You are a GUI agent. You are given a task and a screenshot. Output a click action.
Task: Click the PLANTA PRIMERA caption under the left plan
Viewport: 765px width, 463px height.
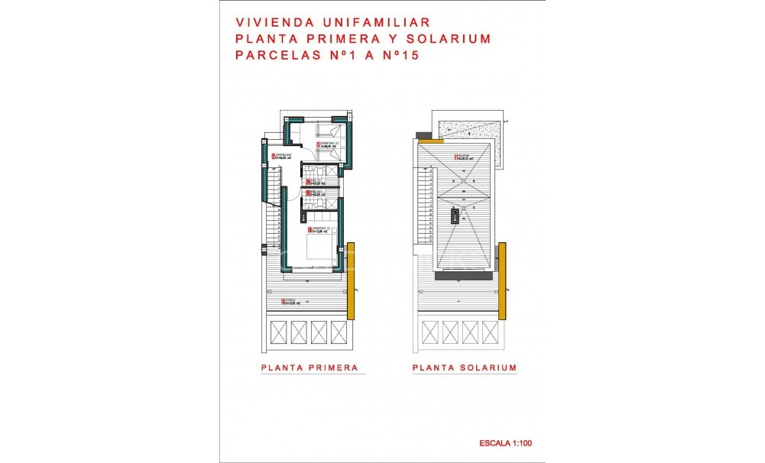click(310, 367)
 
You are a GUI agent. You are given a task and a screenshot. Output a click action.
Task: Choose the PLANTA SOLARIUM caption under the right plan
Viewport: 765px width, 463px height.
click(464, 367)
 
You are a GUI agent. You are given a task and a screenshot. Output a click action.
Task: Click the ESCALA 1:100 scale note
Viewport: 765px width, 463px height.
click(504, 442)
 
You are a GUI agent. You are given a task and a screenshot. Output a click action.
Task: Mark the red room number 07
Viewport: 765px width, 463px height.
click(318, 144)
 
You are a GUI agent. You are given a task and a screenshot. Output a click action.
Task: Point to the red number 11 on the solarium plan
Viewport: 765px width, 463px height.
click(456, 158)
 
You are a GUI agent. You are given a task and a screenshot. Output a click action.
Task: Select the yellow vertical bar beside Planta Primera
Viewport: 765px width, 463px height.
click(351, 280)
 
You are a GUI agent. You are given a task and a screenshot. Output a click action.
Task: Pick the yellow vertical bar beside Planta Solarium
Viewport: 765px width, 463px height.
click(502, 280)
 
